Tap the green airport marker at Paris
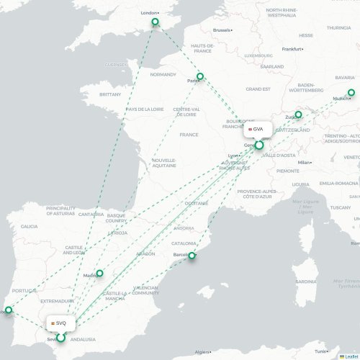pos(200,76)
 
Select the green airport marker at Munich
pos(351,92)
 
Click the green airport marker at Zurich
pos(299,114)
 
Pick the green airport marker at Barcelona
pos(192,256)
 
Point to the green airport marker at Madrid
pos(100,273)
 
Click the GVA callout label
pos(256,129)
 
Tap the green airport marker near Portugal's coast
pos(9,310)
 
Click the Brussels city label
pos(222,30)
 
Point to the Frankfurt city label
pos(292,49)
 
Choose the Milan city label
pos(305,163)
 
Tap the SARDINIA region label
pos(306,282)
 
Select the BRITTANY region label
pos(111,94)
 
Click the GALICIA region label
pos(30,226)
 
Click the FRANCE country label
pos(189,135)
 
